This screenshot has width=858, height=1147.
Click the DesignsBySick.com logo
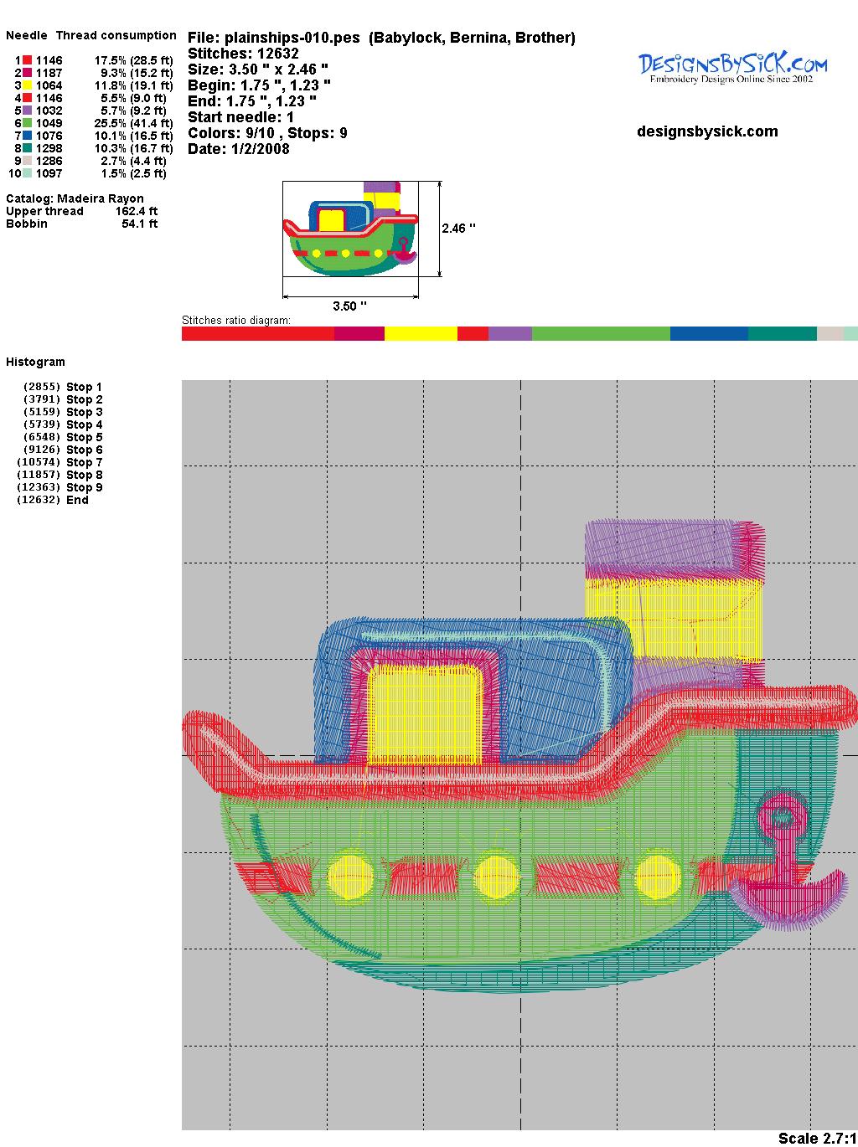point(732,68)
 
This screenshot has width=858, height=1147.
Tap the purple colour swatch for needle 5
point(28,111)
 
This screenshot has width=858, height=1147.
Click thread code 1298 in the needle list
point(49,148)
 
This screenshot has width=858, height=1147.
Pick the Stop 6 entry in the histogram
point(84,450)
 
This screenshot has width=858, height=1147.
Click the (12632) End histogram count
point(39,500)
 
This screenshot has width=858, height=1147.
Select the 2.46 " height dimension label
point(458,229)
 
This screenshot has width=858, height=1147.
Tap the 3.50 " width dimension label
point(349,306)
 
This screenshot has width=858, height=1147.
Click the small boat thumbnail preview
point(350,229)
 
